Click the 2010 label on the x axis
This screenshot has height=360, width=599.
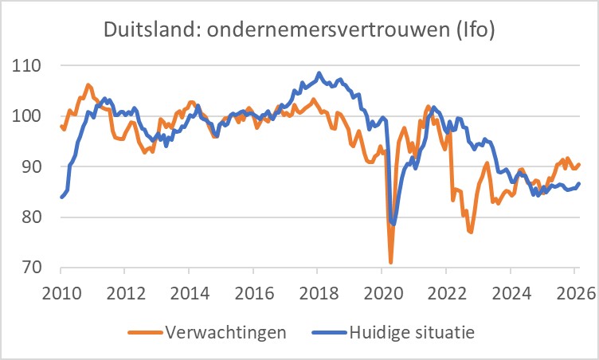(x=61, y=291)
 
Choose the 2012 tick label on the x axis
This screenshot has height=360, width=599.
(x=124, y=291)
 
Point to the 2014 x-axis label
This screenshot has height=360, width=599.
(x=189, y=291)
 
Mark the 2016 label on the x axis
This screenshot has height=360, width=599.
(x=253, y=291)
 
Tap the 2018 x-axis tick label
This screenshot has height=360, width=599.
(x=317, y=291)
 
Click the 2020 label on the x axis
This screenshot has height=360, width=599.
(x=381, y=291)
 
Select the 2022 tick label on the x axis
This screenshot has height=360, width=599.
(x=445, y=291)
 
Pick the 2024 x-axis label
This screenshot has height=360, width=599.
(x=509, y=291)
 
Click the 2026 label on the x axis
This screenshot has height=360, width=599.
(x=573, y=291)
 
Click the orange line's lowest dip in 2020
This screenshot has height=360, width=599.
(x=391, y=262)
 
